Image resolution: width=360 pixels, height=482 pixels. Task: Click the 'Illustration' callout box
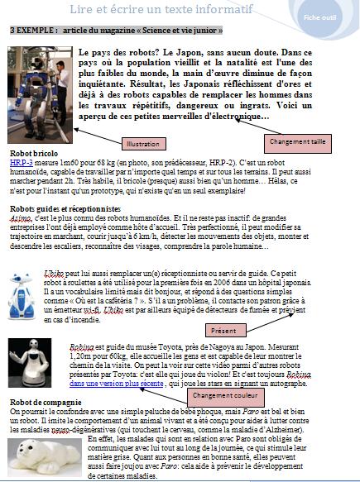(x=148, y=144)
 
